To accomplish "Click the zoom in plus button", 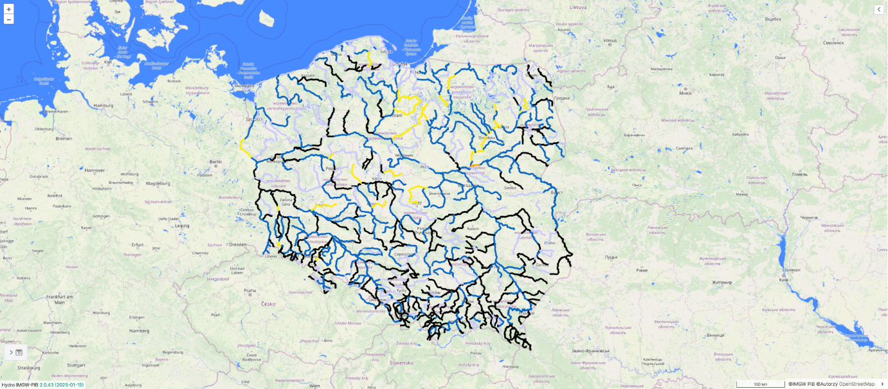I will click(x=9, y=9).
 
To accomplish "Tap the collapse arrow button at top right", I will click(x=879, y=9).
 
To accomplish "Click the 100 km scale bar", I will click(x=760, y=384).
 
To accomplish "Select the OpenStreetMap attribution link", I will click(x=856, y=384).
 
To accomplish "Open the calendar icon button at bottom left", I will click(x=19, y=352).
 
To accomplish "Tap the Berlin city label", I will click(x=215, y=162).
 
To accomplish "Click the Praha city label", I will click(x=249, y=291).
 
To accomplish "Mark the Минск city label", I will click(x=685, y=93).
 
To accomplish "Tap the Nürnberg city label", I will click(x=140, y=330).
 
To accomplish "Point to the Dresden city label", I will click(x=237, y=244).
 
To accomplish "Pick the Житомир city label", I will click(x=720, y=282).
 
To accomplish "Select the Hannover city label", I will click(x=95, y=170).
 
